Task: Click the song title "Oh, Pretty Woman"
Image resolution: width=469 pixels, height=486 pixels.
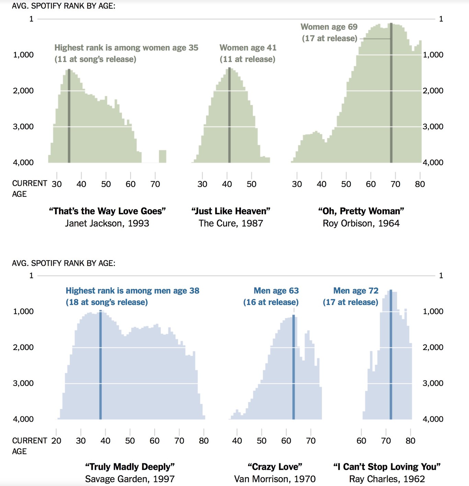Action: click(x=361, y=211)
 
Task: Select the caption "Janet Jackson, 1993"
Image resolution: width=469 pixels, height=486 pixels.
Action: click(x=107, y=223)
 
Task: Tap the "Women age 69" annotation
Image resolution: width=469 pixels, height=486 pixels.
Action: click(x=329, y=27)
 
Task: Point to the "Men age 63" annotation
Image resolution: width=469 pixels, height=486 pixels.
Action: click(x=276, y=291)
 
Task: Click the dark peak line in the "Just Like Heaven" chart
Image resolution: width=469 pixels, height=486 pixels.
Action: click(x=229, y=117)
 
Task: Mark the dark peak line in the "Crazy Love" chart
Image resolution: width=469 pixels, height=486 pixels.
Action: click(x=294, y=367)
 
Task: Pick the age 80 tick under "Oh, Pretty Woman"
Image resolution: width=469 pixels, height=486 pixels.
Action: click(x=420, y=184)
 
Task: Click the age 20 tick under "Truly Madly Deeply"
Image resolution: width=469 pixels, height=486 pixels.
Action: click(x=56, y=440)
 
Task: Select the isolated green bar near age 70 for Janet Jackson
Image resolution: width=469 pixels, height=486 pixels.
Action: click(x=162, y=156)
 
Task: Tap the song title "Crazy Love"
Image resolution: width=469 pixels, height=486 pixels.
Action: click(x=275, y=467)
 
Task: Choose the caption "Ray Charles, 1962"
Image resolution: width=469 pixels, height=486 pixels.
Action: click(x=387, y=479)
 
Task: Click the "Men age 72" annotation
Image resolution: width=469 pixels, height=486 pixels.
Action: click(x=356, y=291)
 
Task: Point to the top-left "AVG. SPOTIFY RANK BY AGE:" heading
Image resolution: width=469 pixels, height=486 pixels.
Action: click(x=64, y=6)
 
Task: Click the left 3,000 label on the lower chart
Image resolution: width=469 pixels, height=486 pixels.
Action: click(x=23, y=383)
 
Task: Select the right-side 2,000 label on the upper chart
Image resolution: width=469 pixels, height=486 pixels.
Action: click(x=433, y=91)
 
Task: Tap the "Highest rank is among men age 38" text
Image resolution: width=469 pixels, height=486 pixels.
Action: click(x=132, y=291)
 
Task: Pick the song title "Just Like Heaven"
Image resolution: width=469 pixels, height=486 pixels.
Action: click(x=231, y=211)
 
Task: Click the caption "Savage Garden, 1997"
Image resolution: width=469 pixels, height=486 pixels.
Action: click(x=130, y=479)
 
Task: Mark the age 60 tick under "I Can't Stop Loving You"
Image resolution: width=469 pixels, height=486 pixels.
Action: click(x=361, y=440)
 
